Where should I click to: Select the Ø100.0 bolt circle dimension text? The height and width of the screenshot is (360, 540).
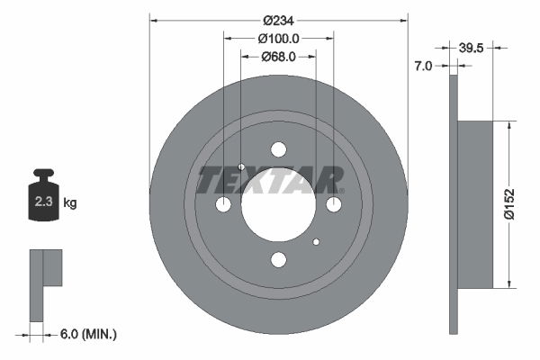coord(278,39)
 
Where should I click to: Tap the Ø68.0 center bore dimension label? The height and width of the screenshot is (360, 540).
coord(278,57)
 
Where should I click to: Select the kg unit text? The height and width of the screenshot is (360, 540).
coord(70,203)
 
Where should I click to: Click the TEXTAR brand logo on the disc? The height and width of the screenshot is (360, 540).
coord(270,180)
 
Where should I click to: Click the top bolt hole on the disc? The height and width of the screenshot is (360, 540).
coord(278,149)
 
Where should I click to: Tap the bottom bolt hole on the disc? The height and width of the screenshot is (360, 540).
coord(278,260)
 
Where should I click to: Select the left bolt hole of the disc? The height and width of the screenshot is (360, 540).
coord(223,205)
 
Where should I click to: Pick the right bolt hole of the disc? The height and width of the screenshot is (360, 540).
coord(334,205)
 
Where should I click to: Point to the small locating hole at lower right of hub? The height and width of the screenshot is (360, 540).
coord(316,242)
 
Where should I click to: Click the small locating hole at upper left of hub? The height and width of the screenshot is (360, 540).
coord(241,167)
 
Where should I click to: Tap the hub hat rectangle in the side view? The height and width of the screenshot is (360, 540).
coord(476,204)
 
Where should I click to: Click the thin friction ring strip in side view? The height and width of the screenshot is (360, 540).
coord(453,204)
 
